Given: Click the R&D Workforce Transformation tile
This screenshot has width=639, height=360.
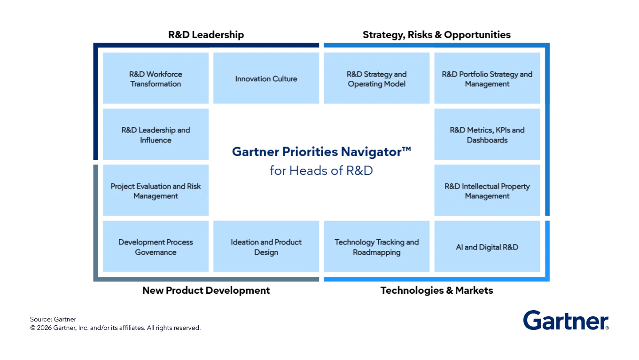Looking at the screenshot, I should click(x=156, y=78).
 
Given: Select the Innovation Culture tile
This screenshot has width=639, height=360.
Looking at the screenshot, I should click(x=266, y=78).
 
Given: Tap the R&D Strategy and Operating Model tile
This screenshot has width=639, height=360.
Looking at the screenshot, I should click(x=376, y=78).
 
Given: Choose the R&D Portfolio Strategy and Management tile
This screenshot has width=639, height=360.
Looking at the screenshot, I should click(x=487, y=78).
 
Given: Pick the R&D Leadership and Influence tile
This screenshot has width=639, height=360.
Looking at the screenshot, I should click(x=156, y=134).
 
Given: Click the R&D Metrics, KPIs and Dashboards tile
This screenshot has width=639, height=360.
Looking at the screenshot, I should click(x=487, y=134).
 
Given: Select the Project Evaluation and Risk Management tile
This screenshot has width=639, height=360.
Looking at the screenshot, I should click(x=156, y=190).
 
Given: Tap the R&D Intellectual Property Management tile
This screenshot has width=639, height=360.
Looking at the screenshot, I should click(x=487, y=190).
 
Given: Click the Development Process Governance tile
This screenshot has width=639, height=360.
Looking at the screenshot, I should click(x=156, y=246).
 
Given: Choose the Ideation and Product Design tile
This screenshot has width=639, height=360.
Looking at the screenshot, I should click(x=266, y=246).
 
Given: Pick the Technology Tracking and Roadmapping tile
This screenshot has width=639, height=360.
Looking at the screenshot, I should click(x=376, y=246).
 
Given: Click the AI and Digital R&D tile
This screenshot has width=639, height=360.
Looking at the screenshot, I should click(x=487, y=246).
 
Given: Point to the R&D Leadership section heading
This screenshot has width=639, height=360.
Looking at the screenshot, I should click(x=206, y=35).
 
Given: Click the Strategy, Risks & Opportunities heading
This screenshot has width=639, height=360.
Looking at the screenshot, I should click(x=436, y=35).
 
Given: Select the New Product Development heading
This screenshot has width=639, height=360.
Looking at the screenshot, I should click(x=206, y=290).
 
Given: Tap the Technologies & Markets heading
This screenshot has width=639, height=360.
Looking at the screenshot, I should click(x=436, y=290).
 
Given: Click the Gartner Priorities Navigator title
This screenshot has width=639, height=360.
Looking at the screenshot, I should click(x=321, y=152).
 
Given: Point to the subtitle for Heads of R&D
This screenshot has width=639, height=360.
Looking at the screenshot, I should click(x=321, y=171).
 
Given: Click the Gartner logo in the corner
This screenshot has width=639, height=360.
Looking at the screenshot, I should click(x=566, y=320).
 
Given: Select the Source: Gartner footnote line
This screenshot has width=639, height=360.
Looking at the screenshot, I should click(x=53, y=320).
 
